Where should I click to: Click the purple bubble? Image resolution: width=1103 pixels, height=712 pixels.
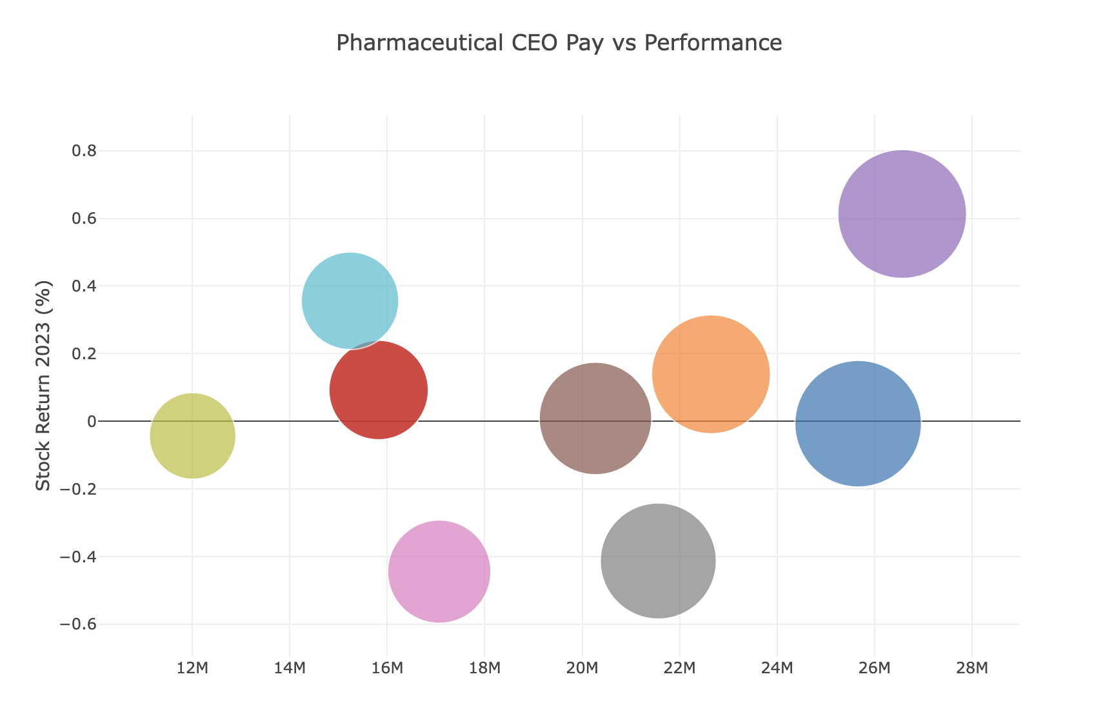902,214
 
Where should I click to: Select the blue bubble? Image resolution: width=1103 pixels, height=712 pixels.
858,424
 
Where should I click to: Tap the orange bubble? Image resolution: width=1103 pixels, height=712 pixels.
711,374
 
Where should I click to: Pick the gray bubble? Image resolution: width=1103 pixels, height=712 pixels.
658,561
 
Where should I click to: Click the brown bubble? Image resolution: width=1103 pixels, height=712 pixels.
595,419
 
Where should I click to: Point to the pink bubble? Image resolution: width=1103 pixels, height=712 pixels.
439,571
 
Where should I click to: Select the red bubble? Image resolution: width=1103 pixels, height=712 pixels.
378,390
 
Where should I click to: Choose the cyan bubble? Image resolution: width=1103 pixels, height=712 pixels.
350,301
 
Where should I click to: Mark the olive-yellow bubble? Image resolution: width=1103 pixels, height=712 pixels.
192,436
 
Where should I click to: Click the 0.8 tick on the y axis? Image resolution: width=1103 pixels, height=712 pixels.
82,151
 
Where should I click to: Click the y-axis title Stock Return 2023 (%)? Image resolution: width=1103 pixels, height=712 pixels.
43,385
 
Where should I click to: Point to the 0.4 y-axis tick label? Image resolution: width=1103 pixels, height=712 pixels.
82,286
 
